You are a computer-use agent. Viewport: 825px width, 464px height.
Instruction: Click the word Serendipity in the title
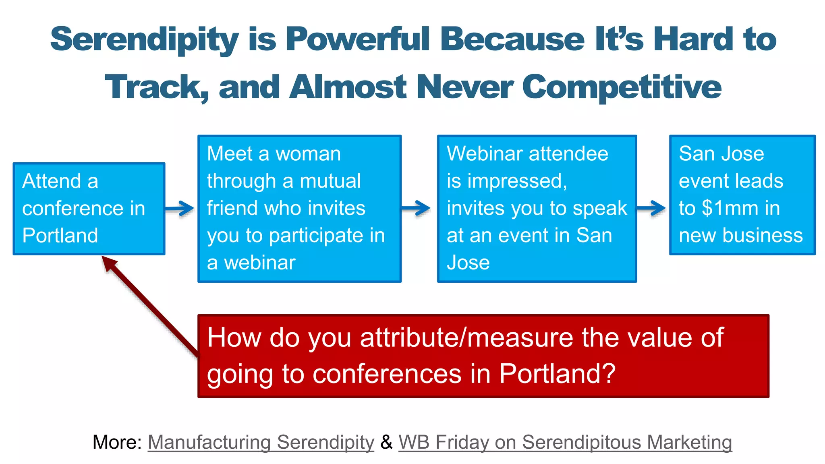pos(144,39)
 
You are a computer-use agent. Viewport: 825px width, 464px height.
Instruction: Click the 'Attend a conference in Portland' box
pos(89,208)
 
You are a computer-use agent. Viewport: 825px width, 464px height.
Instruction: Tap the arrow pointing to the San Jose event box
pos(651,208)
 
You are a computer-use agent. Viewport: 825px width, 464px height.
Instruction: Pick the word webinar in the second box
pos(260,263)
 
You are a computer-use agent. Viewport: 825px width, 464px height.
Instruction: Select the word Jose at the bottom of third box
pos(468,263)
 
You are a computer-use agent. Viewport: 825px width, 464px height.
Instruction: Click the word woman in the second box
pos(308,154)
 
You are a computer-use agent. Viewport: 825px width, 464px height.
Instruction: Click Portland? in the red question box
pos(558,374)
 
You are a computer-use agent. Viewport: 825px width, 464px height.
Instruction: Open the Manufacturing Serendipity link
pos(261,442)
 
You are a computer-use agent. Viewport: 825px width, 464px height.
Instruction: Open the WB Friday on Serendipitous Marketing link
pos(565,442)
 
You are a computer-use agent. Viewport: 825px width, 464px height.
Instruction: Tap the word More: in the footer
pos(117,442)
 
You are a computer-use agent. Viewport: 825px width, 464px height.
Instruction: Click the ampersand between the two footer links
pos(386,442)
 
